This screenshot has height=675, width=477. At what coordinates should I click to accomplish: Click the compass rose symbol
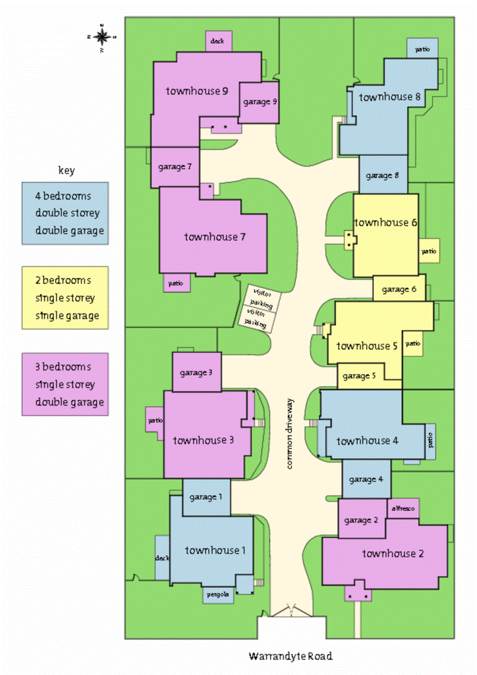click(x=102, y=37)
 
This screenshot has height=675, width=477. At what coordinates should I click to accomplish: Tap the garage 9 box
click(x=259, y=102)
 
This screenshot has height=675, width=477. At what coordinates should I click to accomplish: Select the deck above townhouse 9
click(x=217, y=41)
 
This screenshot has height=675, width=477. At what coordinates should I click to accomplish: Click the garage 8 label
click(x=383, y=176)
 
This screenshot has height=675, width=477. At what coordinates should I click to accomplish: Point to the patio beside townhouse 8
click(x=422, y=48)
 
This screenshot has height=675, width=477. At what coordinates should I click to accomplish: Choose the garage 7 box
click(x=175, y=166)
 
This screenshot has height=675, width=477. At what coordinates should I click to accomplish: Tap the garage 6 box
click(x=399, y=289)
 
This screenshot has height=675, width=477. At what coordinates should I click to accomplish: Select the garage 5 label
click(x=360, y=376)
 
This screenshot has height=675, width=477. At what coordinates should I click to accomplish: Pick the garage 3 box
click(x=196, y=372)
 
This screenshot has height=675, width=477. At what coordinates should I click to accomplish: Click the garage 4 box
click(x=366, y=479)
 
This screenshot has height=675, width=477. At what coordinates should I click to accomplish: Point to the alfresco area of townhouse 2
click(x=403, y=508)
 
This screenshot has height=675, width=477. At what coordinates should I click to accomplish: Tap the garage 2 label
click(x=362, y=520)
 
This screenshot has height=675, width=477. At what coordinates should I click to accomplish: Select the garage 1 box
click(x=206, y=497)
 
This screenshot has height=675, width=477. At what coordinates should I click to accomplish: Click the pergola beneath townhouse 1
click(x=217, y=595)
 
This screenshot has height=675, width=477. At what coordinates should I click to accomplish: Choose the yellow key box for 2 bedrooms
click(x=65, y=297)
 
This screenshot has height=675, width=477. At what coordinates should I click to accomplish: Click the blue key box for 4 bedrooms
click(x=65, y=213)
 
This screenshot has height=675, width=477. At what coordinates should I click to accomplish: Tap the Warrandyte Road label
click(x=290, y=656)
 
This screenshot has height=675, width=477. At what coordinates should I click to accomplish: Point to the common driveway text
click(x=290, y=434)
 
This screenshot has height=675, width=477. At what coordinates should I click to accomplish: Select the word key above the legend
click(x=66, y=171)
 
